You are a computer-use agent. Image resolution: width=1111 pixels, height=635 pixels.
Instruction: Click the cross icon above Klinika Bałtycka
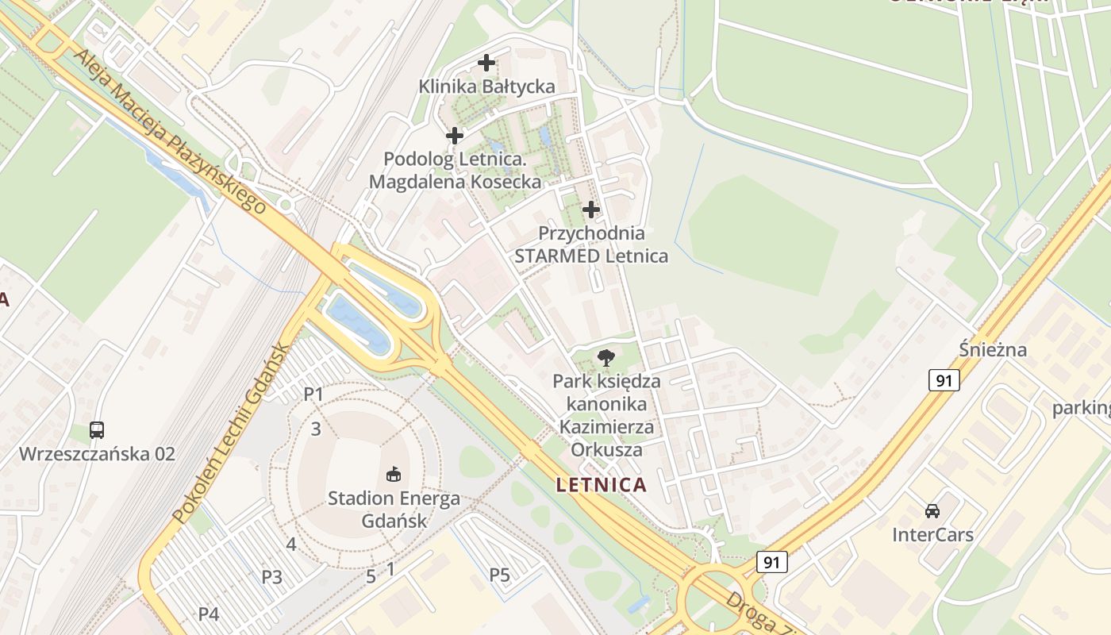[486, 62]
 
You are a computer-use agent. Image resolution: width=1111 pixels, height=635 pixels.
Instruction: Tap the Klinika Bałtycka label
[486, 87]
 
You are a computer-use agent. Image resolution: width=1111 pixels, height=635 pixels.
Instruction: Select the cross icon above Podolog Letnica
[455, 136]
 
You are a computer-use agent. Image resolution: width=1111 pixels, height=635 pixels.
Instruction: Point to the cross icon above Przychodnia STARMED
[591, 210]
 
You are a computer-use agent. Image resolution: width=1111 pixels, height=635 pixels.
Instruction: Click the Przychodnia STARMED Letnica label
[591, 244]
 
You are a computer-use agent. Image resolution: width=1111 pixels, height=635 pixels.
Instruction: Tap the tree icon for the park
[606, 357]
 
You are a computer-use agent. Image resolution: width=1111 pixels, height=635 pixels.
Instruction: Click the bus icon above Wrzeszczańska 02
[97, 430]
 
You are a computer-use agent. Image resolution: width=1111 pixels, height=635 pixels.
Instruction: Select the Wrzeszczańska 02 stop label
[97, 454]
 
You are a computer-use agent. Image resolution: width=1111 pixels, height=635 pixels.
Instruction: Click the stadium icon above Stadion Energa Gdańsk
[393, 475]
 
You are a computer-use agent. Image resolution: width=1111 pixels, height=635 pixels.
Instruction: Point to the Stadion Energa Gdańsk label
[394, 510]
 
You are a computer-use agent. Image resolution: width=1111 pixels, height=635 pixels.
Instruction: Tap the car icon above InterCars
[932, 510]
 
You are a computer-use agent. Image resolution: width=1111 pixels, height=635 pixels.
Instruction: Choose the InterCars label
[932, 534]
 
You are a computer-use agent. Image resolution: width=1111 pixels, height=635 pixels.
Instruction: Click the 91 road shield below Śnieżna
[944, 381]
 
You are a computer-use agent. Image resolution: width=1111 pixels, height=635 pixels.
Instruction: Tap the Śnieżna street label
[992, 350]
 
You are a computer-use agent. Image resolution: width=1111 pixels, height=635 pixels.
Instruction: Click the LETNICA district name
[602, 484]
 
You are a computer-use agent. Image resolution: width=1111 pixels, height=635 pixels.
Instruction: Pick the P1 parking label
[314, 394]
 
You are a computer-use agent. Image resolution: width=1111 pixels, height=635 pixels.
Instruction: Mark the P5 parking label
[499, 575]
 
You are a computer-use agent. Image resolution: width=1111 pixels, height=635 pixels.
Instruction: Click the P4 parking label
[208, 614]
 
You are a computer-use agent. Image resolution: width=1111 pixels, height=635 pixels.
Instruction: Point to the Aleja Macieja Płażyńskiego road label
[170, 132]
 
